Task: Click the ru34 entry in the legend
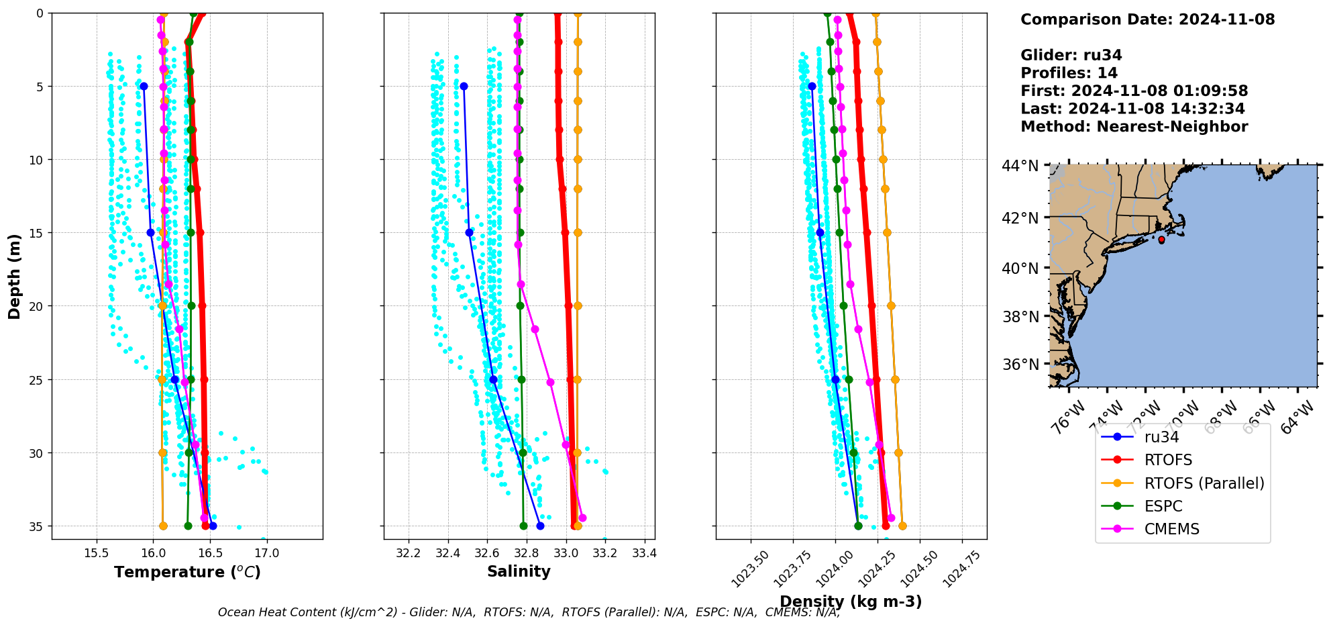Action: point(1161,437)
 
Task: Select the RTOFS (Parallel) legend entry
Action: point(1204,483)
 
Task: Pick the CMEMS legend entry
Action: point(1171,529)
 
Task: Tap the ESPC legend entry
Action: point(1163,506)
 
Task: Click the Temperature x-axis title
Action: point(187,572)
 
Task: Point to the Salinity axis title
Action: point(519,571)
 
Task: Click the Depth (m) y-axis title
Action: point(14,276)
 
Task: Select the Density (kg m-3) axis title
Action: point(851,601)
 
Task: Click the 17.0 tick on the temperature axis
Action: point(266,553)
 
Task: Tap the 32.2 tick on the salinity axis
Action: point(409,553)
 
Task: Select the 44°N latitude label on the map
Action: point(1020,166)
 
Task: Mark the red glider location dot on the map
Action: point(1161,240)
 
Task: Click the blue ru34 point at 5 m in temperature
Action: point(144,87)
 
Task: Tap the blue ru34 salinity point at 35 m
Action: point(540,526)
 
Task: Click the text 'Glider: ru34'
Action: point(1071,55)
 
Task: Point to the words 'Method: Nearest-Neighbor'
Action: point(1134,126)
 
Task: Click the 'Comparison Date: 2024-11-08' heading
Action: point(1147,19)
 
